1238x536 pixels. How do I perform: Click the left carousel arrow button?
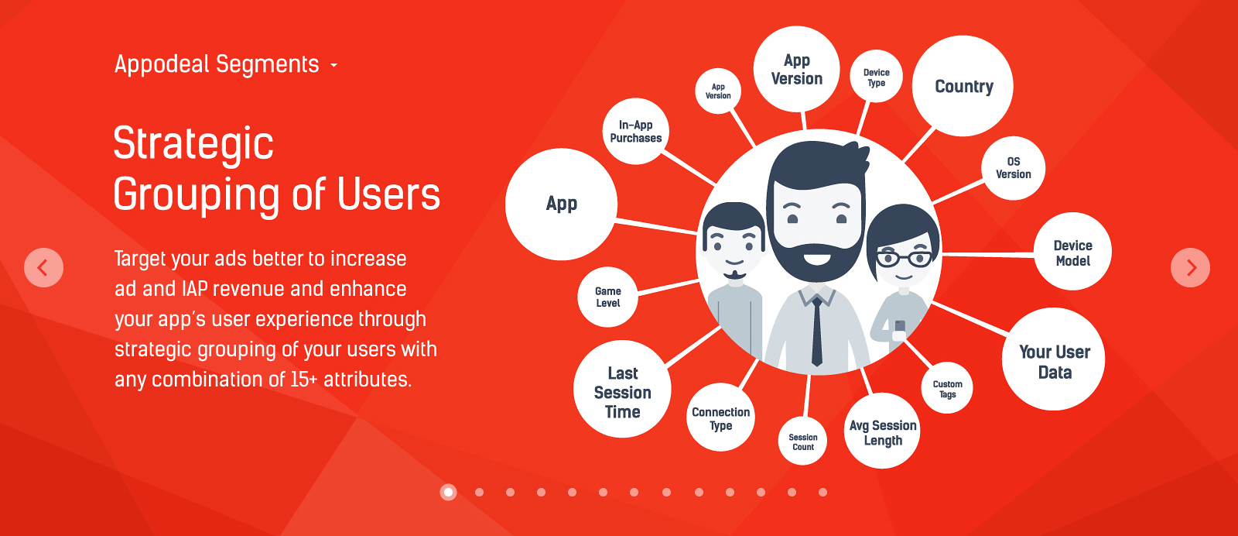tap(43, 268)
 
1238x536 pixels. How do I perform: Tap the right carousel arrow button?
tap(1190, 268)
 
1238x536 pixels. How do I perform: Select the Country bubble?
tap(963, 86)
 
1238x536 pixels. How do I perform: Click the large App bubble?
tap(561, 204)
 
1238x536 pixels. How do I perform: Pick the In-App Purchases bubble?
tap(635, 131)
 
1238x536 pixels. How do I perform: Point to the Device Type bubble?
tap(876, 77)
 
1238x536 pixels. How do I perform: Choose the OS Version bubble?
tap(1013, 168)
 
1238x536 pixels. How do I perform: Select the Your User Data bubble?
tap(1053, 359)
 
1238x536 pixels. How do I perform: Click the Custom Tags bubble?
tap(947, 388)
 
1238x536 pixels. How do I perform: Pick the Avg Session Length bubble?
tap(882, 431)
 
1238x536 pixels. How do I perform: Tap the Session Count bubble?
tap(802, 441)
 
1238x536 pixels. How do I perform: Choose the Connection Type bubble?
tap(720, 417)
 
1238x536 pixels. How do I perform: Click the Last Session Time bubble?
tap(622, 389)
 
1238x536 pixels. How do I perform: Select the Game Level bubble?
tap(608, 297)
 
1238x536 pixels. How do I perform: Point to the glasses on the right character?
tap(905, 259)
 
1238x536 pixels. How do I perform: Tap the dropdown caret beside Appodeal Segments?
tap(333, 65)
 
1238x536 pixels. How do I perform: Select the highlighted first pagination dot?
tap(448, 492)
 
